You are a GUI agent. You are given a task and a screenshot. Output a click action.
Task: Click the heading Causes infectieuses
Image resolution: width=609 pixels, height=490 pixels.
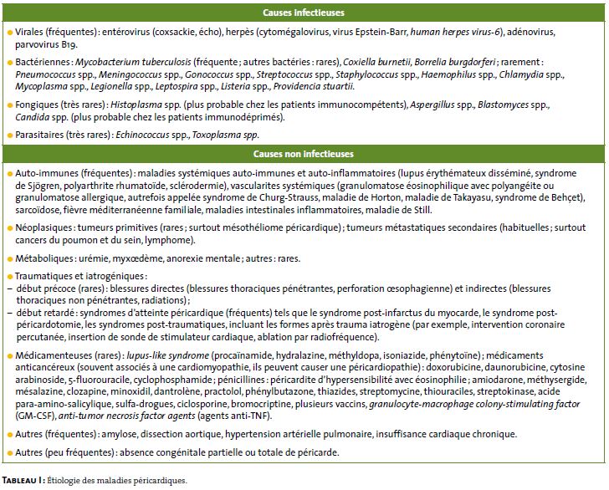pos(304,13)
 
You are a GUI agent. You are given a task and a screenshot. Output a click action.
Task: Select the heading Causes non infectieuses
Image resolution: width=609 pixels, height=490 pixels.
pos(304,155)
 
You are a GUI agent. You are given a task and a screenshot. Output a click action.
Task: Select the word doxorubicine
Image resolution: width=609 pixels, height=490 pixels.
pos(480,368)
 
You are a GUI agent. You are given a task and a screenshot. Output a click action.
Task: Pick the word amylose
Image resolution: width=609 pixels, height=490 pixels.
pos(120,435)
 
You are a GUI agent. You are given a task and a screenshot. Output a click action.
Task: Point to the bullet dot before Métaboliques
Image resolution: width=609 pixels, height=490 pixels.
pos(8,258)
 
